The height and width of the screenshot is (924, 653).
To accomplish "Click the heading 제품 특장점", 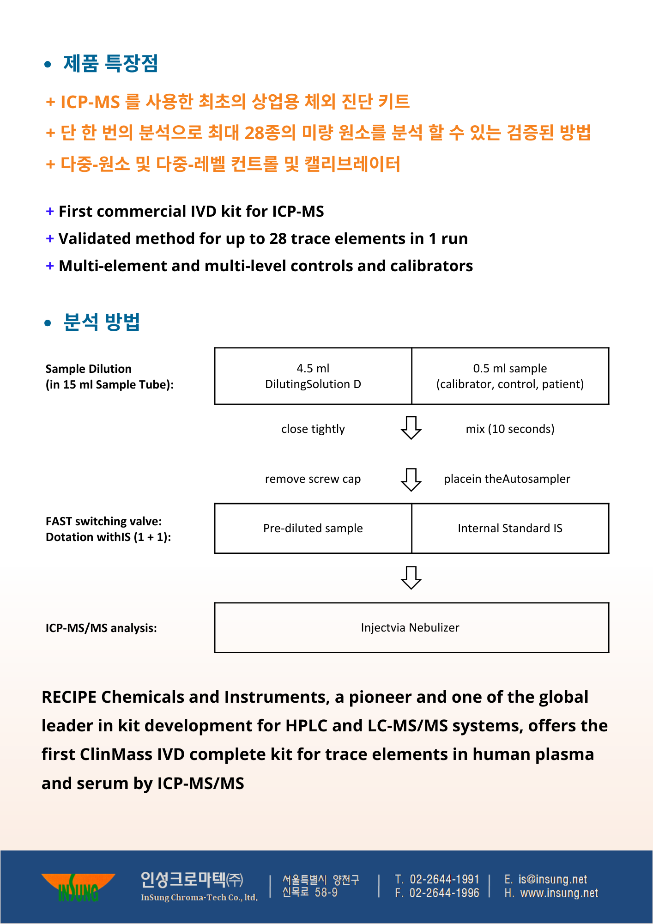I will pyautogui.click(x=110, y=63).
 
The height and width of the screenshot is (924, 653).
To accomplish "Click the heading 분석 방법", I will pyautogui.click(x=101, y=322).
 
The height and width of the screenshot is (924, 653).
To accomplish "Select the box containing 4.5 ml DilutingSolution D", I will pyautogui.click(x=313, y=376).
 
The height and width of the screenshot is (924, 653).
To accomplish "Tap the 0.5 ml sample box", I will pyautogui.click(x=510, y=376).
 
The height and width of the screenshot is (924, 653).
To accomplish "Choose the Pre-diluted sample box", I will pyautogui.click(x=313, y=528).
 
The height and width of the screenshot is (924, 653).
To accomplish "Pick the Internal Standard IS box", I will pyautogui.click(x=510, y=528).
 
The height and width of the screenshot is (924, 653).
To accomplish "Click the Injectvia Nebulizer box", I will pyautogui.click(x=411, y=627).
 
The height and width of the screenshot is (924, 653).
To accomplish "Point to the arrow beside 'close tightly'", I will pyautogui.click(x=411, y=428).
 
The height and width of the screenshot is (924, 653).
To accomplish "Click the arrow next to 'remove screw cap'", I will pyautogui.click(x=411, y=480).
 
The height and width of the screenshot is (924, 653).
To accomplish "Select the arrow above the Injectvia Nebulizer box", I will pyautogui.click(x=411, y=577).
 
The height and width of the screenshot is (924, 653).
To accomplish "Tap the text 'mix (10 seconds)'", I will pyautogui.click(x=510, y=429).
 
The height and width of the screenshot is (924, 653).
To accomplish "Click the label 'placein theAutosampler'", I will pyautogui.click(x=507, y=479).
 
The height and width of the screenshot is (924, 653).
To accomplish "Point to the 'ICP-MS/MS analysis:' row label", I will pyautogui.click(x=101, y=628).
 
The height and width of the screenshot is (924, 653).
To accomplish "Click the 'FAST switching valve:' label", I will pyautogui.click(x=104, y=522).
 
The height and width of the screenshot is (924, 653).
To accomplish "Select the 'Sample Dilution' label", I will pyautogui.click(x=89, y=369).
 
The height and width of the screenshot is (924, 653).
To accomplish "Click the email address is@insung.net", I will pyautogui.click(x=552, y=879).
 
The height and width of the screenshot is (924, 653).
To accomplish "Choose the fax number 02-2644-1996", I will pyautogui.click(x=444, y=893).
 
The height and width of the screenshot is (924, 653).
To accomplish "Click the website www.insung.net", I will pyautogui.click(x=559, y=894).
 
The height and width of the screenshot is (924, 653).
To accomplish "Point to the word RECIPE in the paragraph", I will pyautogui.click(x=69, y=697).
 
